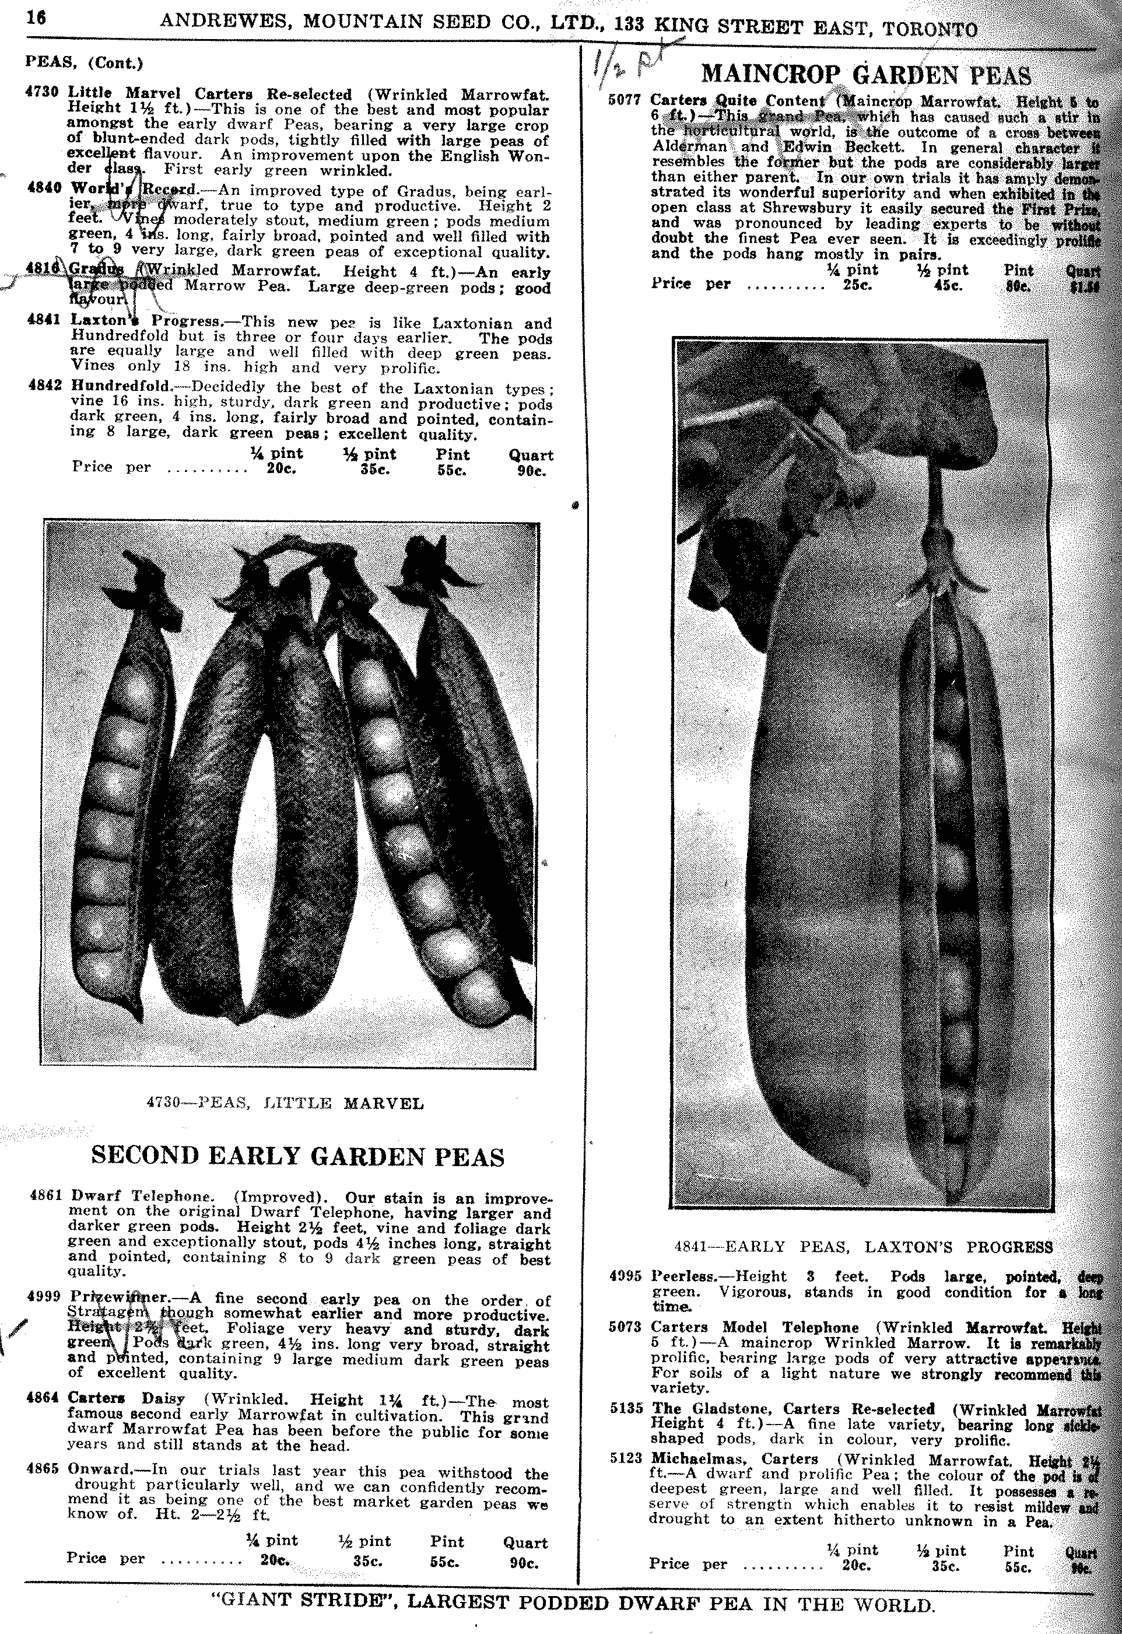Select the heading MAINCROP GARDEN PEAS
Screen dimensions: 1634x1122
[x=866, y=75]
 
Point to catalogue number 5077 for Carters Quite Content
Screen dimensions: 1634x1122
[x=625, y=100]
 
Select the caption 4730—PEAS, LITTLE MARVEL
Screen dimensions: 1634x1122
[x=285, y=1103]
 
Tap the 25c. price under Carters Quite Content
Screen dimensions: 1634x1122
[x=858, y=285]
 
